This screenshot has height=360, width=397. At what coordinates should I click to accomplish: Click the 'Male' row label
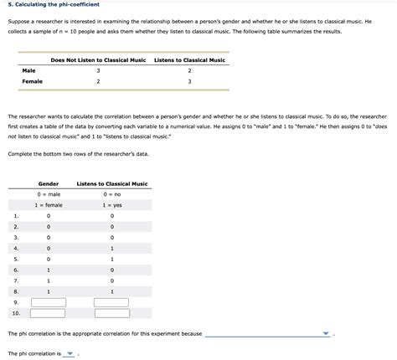click(29, 70)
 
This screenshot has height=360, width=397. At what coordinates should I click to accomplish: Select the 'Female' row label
click(32, 81)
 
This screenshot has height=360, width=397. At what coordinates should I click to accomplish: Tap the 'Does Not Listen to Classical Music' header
click(98, 59)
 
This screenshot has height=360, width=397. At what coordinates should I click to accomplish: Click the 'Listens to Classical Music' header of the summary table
click(189, 59)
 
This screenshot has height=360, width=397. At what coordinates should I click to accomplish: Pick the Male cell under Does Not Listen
click(98, 70)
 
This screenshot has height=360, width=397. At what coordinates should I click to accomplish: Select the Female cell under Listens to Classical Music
click(189, 81)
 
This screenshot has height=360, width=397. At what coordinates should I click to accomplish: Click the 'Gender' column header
click(49, 183)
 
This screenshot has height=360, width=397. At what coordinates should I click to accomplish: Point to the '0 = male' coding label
click(49, 194)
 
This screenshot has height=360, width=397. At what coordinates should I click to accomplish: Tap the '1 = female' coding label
click(49, 205)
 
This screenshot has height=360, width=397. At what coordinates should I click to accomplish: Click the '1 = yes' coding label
click(111, 205)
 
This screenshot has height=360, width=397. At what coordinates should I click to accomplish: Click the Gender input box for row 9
click(49, 302)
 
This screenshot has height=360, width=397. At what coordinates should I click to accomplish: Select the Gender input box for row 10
click(49, 313)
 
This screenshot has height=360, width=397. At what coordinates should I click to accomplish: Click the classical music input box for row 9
click(111, 302)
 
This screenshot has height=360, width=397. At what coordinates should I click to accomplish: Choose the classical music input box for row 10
click(111, 313)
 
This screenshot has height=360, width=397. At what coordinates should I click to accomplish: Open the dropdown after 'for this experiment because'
click(268, 333)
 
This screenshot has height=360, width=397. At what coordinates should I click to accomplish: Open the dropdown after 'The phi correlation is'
click(70, 353)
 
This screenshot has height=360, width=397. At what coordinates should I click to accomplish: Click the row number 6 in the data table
click(15, 270)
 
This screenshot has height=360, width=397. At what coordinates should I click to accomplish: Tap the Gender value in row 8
click(49, 291)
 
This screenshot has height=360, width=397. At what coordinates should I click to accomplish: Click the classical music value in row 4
click(111, 248)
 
